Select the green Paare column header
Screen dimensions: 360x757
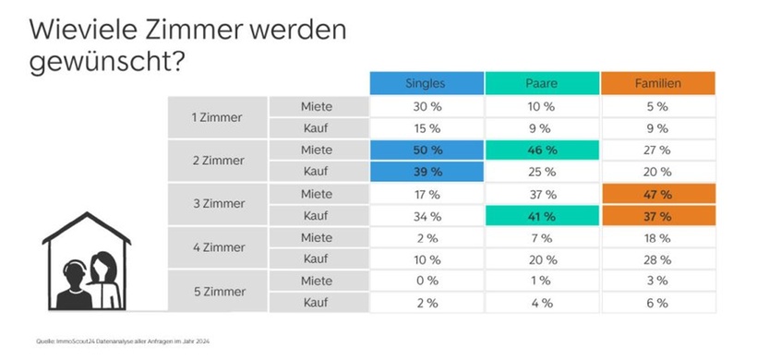pos(541,83)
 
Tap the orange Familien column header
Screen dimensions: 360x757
pos(658,83)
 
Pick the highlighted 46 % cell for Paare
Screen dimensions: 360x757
pos(541,149)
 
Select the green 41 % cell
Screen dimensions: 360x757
pos(541,215)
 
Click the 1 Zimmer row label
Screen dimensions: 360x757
pos(217,117)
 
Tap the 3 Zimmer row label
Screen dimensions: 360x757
pos(217,204)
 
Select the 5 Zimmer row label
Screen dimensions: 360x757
pos(217,292)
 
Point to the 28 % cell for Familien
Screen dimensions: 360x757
pos(658,258)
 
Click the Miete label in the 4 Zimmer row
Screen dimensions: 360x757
pos(317,237)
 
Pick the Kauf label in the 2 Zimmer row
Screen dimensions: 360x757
pos(317,171)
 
